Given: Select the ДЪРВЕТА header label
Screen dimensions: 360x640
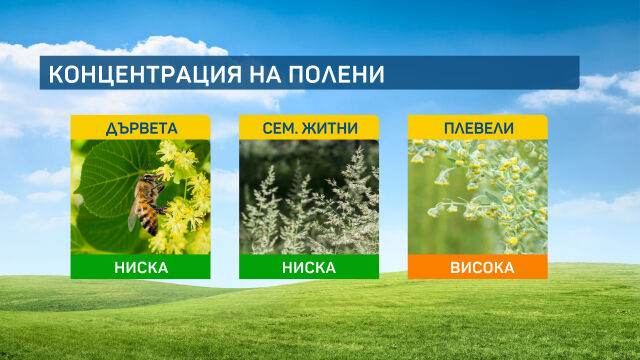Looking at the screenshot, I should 140,129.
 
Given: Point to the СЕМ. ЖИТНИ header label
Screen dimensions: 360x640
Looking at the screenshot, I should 309,129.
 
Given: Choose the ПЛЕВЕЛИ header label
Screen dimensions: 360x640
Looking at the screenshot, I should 478,129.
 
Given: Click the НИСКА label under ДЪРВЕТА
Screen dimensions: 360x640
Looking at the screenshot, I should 140,267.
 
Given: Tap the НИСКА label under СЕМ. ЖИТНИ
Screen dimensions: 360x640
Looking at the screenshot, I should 309,267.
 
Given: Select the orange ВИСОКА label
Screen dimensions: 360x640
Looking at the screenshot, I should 478,267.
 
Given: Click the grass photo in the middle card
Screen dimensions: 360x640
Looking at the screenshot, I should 309,197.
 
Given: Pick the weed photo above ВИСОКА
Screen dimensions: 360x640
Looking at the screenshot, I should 478,197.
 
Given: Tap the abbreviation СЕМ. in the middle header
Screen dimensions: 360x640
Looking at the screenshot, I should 280,129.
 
